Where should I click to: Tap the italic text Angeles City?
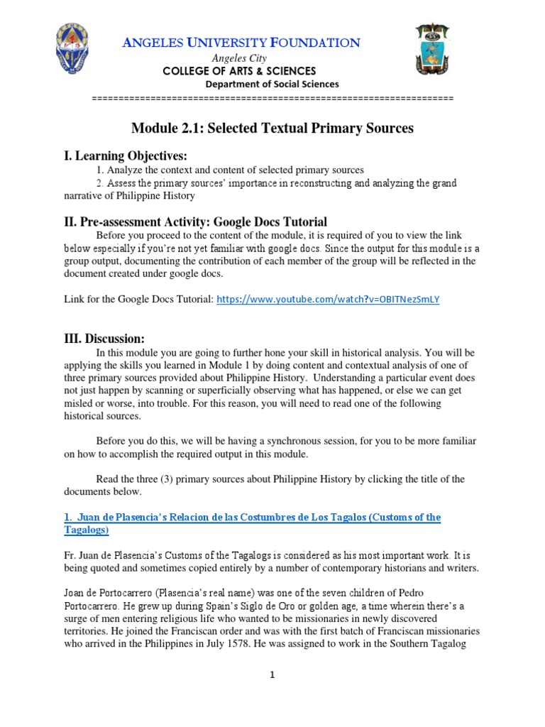(x=239, y=58)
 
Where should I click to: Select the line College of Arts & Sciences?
(x=240, y=71)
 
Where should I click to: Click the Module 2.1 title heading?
(x=272, y=129)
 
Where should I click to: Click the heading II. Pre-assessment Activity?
(x=196, y=222)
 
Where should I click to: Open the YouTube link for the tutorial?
(x=328, y=300)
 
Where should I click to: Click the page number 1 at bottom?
(x=272, y=675)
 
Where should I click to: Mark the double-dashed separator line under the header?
(x=272, y=97)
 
